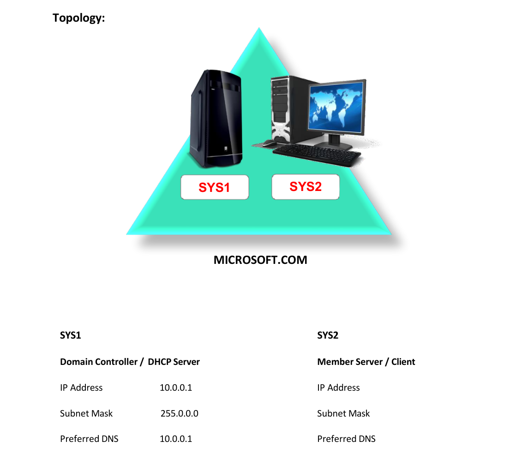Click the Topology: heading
(x=78, y=18)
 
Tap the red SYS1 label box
(x=215, y=187)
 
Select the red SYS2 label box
(x=306, y=187)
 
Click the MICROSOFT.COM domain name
(x=260, y=260)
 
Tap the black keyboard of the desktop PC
(x=317, y=155)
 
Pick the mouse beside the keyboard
(x=269, y=143)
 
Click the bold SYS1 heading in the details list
(x=70, y=335)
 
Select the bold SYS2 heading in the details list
(x=328, y=335)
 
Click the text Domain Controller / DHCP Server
(x=130, y=362)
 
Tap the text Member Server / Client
(x=366, y=362)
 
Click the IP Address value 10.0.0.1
(x=176, y=387)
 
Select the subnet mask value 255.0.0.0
(x=180, y=413)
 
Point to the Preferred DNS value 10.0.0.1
(x=176, y=439)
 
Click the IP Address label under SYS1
(x=81, y=387)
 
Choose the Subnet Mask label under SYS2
(x=343, y=413)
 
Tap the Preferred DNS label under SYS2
(x=346, y=439)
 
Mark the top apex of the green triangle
(x=259, y=28)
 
